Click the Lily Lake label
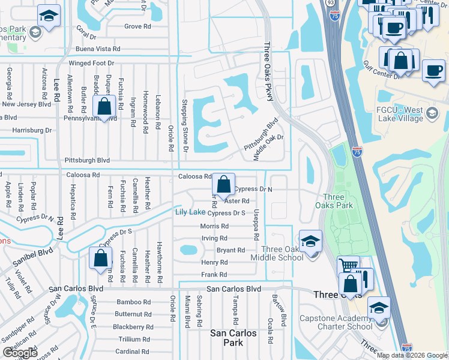pyautogui.click(x=190, y=212)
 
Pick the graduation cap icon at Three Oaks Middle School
pyautogui.click(x=310, y=242)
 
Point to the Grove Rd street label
pyautogui.click(x=137, y=26)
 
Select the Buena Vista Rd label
pyautogui.click(x=98, y=49)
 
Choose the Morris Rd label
pyautogui.click(x=214, y=226)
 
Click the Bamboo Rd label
pyautogui.click(x=134, y=302)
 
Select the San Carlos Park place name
pyautogui.click(x=234, y=338)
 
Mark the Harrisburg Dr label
pyautogui.click(x=32, y=130)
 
